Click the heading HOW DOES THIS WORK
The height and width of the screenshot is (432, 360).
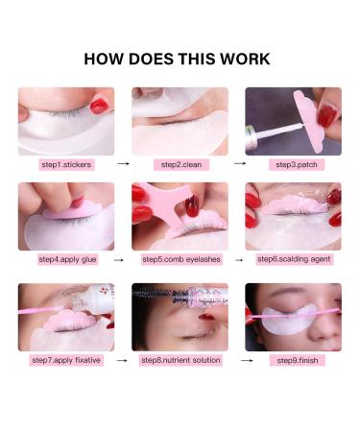(178, 59)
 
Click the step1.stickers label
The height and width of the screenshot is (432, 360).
(66, 164)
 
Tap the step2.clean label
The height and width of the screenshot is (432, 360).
(180, 164)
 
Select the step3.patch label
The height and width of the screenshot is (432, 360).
(293, 164)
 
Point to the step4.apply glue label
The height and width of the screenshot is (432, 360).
(66, 259)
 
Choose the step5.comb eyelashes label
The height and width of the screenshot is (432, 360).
(180, 259)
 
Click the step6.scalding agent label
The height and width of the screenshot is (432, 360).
(293, 258)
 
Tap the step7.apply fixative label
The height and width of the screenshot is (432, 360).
(66, 360)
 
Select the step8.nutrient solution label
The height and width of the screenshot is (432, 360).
(180, 360)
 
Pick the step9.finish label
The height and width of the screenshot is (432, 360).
(293, 360)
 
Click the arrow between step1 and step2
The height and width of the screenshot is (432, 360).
(123, 164)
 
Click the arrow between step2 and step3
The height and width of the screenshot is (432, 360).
(236, 164)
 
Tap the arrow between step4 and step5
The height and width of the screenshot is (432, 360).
(123, 259)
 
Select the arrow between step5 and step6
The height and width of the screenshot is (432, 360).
(236, 259)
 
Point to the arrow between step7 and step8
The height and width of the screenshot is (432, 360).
(123, 360)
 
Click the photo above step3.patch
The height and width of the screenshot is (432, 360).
(293, 121)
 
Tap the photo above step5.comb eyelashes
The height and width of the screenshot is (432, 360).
(180, 216)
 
